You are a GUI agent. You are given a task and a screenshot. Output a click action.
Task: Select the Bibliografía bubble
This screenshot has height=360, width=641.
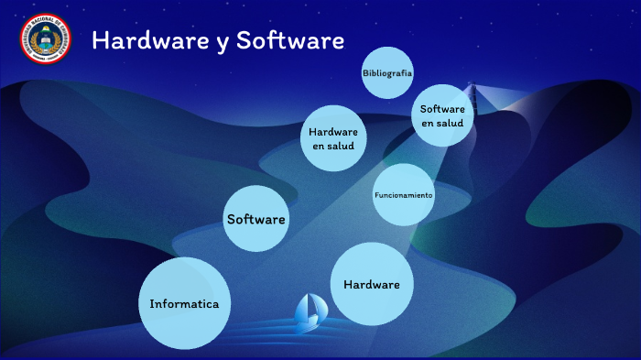click(387, 72)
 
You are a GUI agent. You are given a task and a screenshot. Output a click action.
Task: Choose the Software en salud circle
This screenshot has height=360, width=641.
click(442, 115)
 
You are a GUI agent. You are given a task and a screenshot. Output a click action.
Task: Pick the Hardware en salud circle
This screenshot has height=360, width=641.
click(333, 138)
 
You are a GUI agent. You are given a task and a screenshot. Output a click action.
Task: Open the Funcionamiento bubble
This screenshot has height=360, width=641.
click(404, 195)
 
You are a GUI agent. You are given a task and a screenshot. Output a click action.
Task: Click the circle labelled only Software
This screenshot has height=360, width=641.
click(256, 219)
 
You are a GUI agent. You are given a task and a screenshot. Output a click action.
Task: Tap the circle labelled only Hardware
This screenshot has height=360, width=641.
click(372, 284)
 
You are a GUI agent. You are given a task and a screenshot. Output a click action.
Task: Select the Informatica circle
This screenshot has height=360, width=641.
click(184, 303)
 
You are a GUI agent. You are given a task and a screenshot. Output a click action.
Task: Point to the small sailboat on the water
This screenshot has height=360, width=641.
click(309, 312)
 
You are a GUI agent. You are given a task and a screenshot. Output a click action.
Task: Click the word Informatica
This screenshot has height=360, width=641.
click(184, 303)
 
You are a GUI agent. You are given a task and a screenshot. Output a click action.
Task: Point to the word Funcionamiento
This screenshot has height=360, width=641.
click(404, 196)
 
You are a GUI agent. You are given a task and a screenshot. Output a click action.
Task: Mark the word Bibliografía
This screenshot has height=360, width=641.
click(387, 72)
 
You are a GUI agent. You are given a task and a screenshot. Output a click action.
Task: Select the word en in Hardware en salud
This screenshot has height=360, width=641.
click(319, 146)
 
